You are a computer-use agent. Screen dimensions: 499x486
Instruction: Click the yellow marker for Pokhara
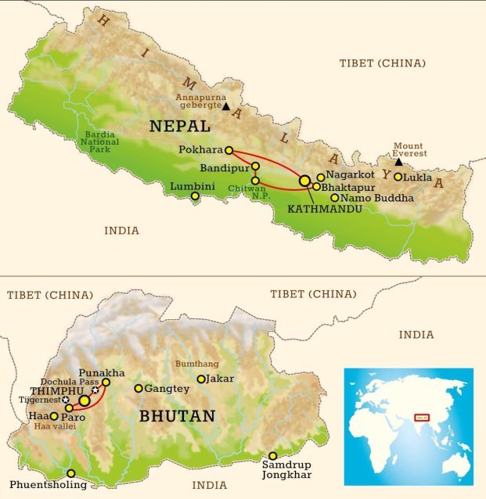(x=229, y=150)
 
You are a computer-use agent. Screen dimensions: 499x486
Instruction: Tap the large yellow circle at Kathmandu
(x=304, y=181)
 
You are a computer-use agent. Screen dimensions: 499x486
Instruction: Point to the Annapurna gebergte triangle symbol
(x=226, y=106)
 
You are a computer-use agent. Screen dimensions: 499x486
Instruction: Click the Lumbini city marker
(x=195, y=196)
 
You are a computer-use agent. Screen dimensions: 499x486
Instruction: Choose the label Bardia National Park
(x=100, y=142)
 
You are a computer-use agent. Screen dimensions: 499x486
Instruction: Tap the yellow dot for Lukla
(x=398, y=178)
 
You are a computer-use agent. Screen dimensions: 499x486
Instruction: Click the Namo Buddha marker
(x=335, y=198)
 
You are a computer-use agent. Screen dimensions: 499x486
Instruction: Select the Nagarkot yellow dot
(x=321, y=178)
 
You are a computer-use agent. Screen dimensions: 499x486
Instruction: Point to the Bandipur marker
(x=255, y=167)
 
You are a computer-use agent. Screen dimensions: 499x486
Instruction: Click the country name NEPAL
(x=179, y=127)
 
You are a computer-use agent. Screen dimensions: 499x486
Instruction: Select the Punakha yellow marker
(x=106, y=382)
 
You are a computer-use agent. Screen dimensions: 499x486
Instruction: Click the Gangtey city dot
(x=139, y=389)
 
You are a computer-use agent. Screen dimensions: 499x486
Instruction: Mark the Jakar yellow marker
(x=201, y=379)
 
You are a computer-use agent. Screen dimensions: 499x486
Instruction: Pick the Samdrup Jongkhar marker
(x=273, y=456)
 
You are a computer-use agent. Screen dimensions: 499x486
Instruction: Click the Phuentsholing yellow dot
(x=71, y=473)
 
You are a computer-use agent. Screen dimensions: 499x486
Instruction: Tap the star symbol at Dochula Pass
(x=95, y=390)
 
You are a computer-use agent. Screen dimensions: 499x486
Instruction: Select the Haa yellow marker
(x=54, y=417)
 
